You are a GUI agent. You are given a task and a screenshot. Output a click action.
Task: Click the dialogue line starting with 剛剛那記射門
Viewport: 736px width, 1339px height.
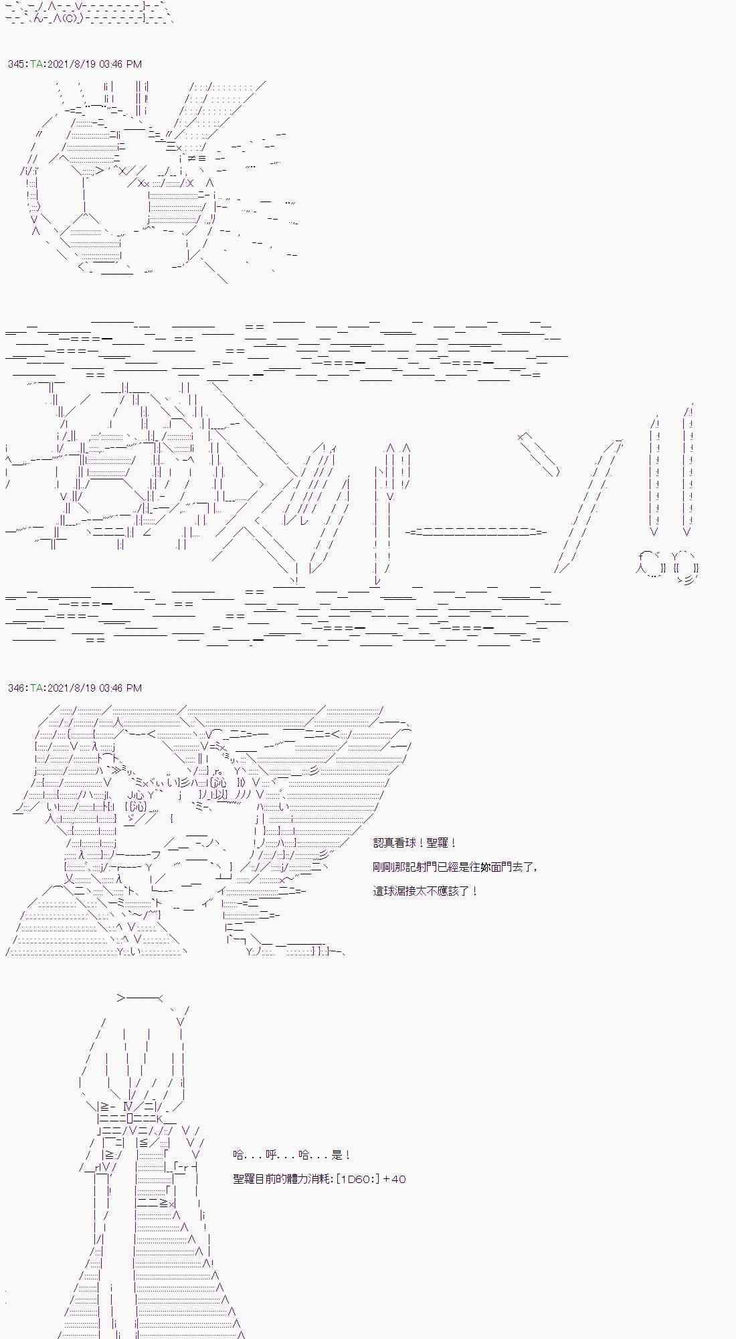455,867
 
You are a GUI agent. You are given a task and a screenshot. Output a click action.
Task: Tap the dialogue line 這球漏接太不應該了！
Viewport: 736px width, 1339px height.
426,891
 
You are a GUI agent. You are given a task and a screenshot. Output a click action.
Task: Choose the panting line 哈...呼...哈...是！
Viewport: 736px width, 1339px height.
292,1155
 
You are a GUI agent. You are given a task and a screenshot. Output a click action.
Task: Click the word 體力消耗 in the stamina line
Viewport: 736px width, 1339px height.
305,1179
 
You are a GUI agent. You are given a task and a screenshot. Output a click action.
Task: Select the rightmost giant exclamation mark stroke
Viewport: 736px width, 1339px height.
688,469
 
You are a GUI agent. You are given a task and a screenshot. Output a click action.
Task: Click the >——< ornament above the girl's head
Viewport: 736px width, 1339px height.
140,998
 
